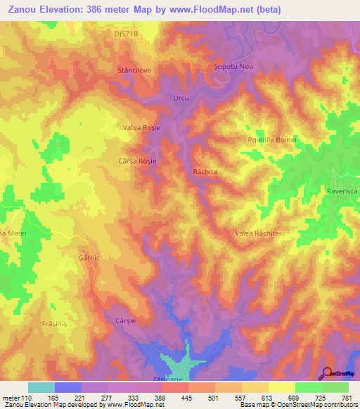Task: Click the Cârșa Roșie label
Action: click(x=137, y=161)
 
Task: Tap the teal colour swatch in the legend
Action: click(x=41, y=387)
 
